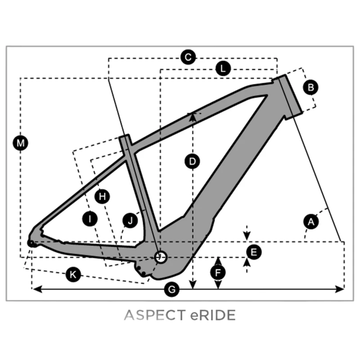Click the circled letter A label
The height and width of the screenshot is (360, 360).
pos(311,222)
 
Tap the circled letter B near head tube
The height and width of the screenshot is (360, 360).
pos(310,87)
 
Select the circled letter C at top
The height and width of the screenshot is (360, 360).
pos(188,57)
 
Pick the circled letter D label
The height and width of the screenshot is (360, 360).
pos(192,162)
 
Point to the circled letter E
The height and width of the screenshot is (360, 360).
pos(254,252)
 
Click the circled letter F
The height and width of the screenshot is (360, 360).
pos(218,273)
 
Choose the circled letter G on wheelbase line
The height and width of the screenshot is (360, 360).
pos(172,289)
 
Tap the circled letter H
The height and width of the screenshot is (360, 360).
pos(102,197)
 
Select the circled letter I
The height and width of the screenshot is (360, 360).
pos(90,219)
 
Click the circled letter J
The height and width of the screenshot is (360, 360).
pos(130,220)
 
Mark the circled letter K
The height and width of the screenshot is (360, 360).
pos(73,274)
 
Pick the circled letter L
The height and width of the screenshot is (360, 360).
pos(223,68)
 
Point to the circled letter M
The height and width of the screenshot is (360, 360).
pos(20,143)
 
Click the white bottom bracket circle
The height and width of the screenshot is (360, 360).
pos(160,257)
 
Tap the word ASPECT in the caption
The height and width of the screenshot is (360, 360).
pos(154,315)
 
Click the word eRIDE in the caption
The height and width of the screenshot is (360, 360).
pos(213,315)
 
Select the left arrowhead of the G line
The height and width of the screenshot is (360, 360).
pos(37,289)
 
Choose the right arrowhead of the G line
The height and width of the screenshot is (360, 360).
pos(339,289)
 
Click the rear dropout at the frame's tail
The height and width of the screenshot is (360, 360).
pos(31,243)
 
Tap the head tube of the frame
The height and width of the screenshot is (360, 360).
pos(291,95)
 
